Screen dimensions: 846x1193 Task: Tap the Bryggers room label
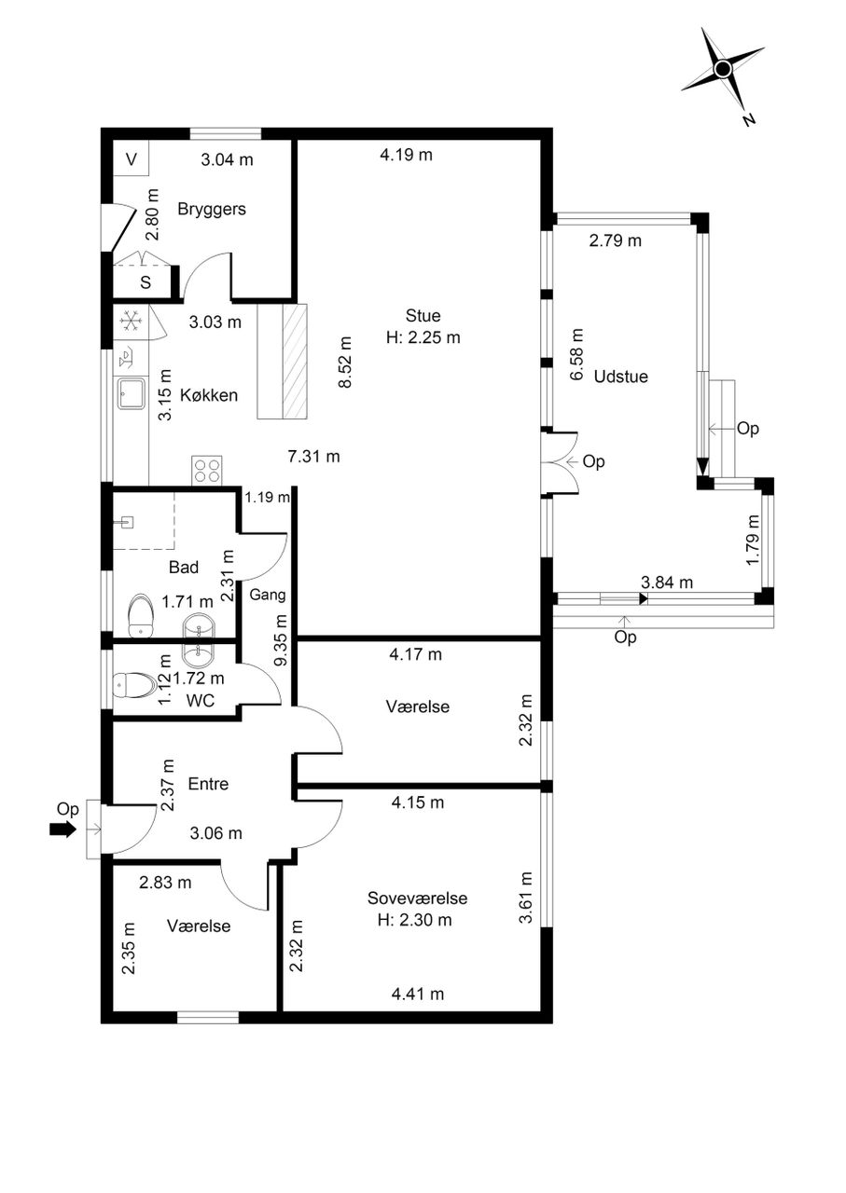tap(212, 209)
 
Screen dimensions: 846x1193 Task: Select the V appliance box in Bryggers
tap(131, 158)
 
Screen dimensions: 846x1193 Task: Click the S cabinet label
tap(146, 282)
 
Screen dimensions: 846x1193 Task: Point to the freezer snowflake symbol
tap(130, 322)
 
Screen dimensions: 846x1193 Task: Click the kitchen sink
tap(132, 393)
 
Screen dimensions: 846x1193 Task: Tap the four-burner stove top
tap(207, 471)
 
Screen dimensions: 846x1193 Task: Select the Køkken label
tap(208, 395)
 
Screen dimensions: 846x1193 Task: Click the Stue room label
tap(423, 315)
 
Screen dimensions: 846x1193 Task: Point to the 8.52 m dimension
tap(345, 363)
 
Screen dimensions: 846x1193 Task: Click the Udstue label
tap(621, 377)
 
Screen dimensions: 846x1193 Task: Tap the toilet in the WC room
tap(133, 685)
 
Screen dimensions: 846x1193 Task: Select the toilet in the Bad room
tap(141, 616)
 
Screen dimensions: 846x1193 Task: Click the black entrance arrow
tap(62, 830)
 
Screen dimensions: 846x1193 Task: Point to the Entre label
tap(208, 784)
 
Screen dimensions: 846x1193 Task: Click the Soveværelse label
tap(417, 898)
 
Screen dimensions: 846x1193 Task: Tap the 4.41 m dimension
tap(417, 994)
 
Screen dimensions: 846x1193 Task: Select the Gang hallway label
tap(268, 595)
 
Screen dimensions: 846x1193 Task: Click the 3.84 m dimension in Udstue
tap(667, 583)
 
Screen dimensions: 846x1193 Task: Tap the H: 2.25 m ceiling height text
tap(423, 337)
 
